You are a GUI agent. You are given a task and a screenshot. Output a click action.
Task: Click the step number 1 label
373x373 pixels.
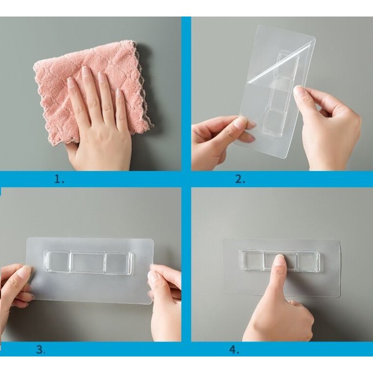click(x=59, y=179)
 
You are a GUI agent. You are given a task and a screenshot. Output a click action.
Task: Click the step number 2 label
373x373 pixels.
click(x=240, y=179)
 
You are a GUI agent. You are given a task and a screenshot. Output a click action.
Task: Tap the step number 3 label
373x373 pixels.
click(x=40, y=350)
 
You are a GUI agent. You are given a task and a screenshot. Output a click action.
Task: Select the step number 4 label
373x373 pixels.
click(x=234, y=350)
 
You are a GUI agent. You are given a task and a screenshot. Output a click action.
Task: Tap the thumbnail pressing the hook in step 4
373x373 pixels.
click(x=279, y=260)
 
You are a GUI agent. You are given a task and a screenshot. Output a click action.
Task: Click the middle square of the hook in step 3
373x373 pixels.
click(x=87, y=262)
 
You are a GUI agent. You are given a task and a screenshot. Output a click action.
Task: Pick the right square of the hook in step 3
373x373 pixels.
click(x=117, y=262)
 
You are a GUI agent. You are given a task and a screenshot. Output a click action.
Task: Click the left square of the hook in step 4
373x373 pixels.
click(x=253, y=261)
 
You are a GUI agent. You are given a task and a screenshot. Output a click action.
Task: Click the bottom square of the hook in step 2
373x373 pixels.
click(x=273, y=120)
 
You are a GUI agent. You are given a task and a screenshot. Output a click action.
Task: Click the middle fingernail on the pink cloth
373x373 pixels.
click(x=85, y=71)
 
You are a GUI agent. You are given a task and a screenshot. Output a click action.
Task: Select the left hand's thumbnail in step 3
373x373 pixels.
click(x=25, y=271)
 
